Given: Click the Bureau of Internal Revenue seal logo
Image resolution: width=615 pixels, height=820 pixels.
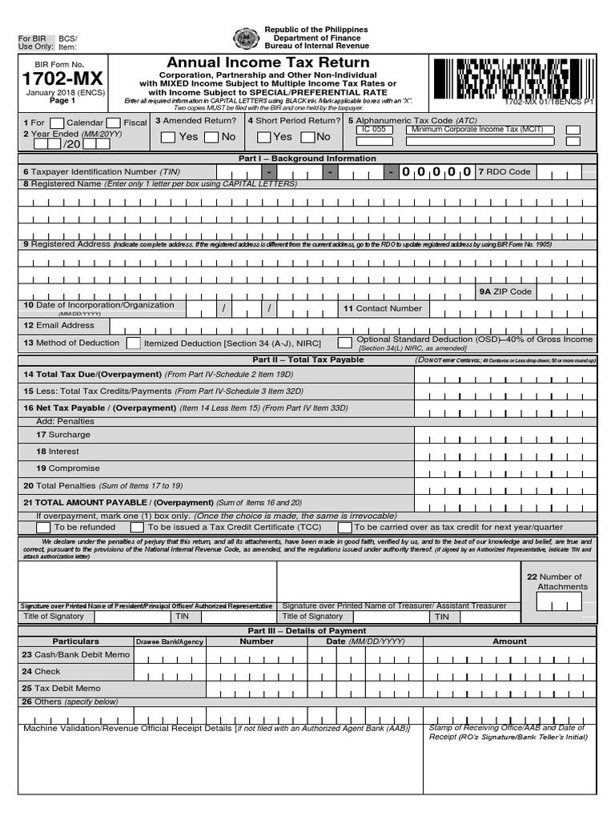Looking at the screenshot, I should [246, 38].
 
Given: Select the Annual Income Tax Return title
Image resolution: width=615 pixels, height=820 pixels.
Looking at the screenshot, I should [267, 62].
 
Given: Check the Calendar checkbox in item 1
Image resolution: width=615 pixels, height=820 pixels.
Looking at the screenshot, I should [57, 123].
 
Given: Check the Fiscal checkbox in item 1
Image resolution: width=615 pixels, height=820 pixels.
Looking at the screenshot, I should [114, 123].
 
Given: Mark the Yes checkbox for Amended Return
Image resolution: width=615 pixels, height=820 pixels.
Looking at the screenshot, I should [168, 137].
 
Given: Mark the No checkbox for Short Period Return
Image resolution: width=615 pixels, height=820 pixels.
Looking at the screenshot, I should [307, 137].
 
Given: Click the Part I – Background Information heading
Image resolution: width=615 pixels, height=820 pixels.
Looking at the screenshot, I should [307, 159].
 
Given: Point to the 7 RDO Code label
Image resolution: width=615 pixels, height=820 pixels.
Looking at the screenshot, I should [504, 171].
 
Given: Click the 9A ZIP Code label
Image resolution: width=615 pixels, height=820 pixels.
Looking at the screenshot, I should [505, 292].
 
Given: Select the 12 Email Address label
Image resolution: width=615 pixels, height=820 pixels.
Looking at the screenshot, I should [58, 325].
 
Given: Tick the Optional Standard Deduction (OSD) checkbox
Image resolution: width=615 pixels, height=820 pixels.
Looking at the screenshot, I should [344, 343].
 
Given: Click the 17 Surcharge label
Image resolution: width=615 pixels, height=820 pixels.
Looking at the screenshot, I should [63, 435].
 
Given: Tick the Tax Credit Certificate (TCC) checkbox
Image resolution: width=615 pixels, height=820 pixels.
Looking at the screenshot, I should [138, 528].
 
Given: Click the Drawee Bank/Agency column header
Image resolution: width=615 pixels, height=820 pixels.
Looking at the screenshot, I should [169, 641].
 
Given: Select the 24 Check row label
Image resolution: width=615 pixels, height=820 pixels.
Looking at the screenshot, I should [42, 672].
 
